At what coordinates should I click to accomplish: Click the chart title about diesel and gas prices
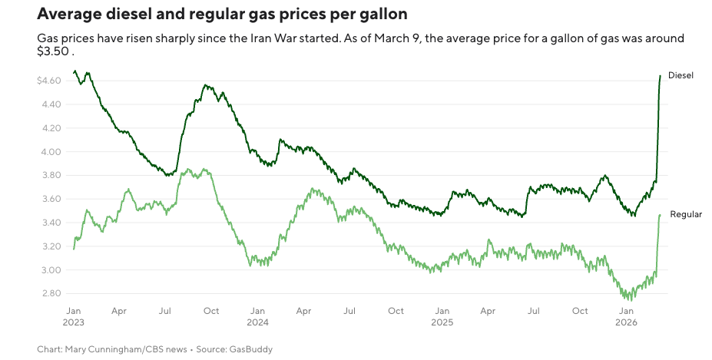222,15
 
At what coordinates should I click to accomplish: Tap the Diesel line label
681,75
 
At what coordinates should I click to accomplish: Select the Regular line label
686,215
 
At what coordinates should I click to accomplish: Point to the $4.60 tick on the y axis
48,81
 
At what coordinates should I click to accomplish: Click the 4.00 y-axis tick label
51,152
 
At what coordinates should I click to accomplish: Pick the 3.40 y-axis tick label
51,223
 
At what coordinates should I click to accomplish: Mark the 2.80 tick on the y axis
51,294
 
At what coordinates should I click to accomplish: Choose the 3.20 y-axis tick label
51,246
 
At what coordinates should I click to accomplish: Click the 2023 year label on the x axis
74,322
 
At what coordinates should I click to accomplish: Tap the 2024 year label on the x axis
258,322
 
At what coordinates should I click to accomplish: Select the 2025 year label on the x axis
442,322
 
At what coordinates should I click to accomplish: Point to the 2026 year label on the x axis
626,322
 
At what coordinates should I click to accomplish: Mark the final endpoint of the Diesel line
661,75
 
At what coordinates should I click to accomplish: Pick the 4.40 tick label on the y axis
51,104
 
